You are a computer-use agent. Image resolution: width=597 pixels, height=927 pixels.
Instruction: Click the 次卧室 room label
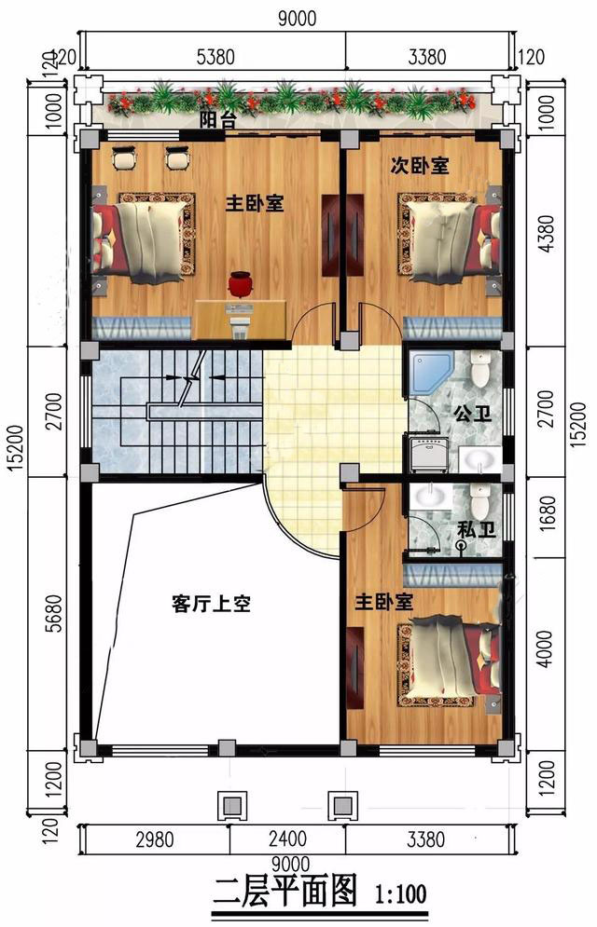[419, 166]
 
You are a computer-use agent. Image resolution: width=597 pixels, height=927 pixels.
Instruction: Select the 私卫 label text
[477, 530]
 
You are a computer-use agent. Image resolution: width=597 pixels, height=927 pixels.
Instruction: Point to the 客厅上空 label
[211, 604]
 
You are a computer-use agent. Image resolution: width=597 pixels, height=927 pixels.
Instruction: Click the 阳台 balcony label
[217, 120]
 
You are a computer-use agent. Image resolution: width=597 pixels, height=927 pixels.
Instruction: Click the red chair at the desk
[239, 283]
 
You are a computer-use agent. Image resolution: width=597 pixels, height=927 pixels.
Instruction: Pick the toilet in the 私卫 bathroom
[479, 500]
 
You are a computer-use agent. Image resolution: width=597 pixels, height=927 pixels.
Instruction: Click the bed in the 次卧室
[451, 237]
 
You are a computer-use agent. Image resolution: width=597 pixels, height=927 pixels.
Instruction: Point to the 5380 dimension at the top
[215, 58]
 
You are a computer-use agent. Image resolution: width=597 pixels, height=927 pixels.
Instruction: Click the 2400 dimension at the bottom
[287, 838]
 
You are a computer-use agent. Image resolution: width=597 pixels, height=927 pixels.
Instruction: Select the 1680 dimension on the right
[548, 512]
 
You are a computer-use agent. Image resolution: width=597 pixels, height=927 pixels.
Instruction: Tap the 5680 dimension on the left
[54, 613]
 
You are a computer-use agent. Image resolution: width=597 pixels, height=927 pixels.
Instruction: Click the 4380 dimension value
[548, 234]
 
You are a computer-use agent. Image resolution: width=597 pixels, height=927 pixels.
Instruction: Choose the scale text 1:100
[400, 893]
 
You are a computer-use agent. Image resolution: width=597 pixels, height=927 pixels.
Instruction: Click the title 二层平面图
[285, 891]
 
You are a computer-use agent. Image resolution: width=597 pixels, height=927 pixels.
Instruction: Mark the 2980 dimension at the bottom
[155, 838]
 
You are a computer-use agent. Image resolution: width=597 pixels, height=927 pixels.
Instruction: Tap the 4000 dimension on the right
[548, 649]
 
